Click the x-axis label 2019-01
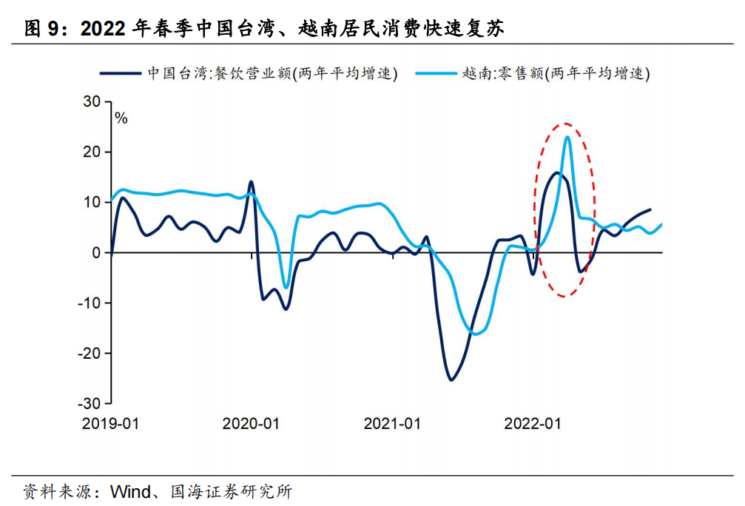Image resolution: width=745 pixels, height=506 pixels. pos(110,424)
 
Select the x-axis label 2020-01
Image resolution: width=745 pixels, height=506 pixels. pos(251,424)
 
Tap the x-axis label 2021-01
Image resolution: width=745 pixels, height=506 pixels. pos(392,424)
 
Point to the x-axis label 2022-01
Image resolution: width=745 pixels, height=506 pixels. pos(533,424)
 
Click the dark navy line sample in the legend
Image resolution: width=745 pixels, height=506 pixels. pos(120,73)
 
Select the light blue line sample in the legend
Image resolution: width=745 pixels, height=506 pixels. pos(434,73)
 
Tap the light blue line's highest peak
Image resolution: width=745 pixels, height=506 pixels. pos(567,137)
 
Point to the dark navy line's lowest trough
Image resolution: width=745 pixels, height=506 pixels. pos(451,380)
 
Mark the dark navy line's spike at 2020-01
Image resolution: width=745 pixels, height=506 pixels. pos(251,181)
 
